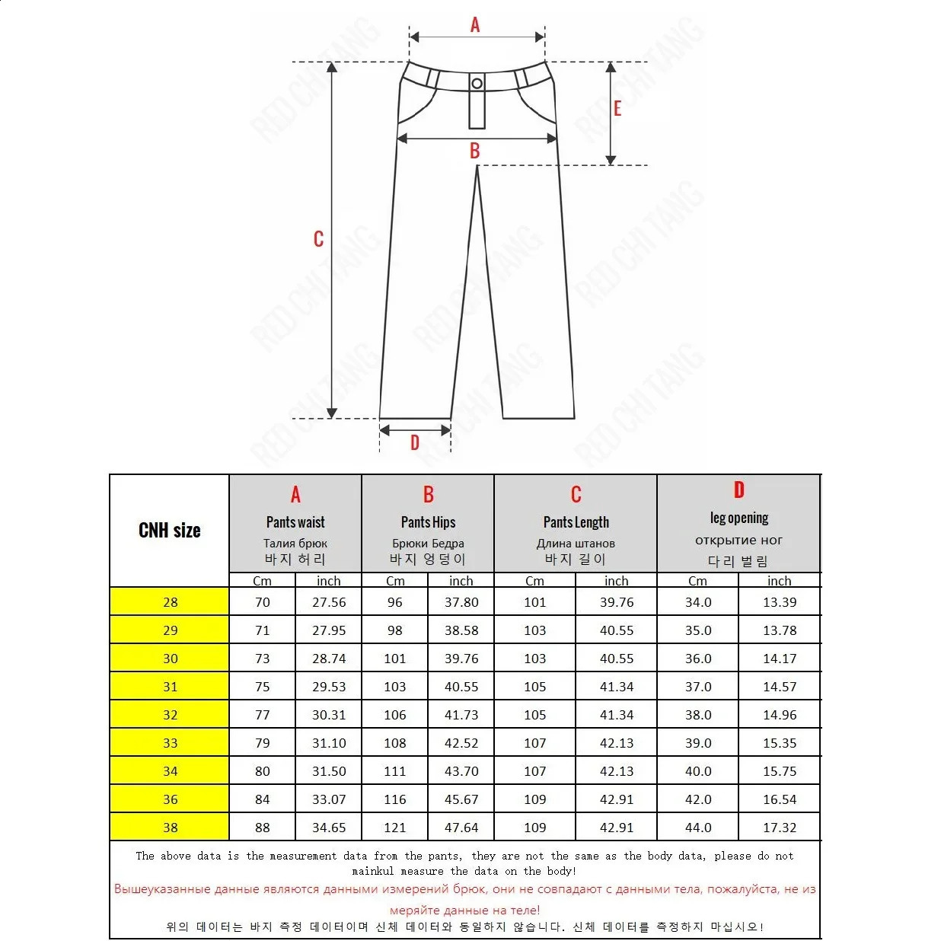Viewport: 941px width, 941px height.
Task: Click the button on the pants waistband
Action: [477, 83]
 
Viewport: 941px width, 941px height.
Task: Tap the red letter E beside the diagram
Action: [617, 109]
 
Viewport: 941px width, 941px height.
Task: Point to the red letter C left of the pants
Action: [318, 239]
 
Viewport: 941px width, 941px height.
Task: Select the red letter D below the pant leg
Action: [415, 442]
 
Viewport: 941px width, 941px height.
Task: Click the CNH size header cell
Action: [170, 531]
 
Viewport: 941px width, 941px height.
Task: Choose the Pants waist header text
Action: [295, 522]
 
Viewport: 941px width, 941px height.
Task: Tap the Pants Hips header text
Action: [428, 522]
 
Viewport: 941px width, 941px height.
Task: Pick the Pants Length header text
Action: [576, 522]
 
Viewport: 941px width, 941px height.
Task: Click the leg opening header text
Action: [739, 518]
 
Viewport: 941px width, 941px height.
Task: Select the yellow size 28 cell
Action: [170, 602]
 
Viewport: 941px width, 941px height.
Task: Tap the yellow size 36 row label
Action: [170, 799]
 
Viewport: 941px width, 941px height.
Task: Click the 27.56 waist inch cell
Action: [329, 602]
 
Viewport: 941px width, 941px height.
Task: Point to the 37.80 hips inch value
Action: [461, 602]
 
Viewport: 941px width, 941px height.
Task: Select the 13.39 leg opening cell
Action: [780, 602]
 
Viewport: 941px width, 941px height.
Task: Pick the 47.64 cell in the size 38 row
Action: [461, 828]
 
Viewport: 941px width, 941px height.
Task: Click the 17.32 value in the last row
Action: [780, 828]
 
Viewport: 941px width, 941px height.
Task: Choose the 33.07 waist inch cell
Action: [329, 799]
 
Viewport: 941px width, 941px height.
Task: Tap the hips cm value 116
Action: [395, 799]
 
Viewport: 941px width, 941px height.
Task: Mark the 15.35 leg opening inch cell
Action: [780, 743]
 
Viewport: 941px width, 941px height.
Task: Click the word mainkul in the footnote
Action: [373, 871]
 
